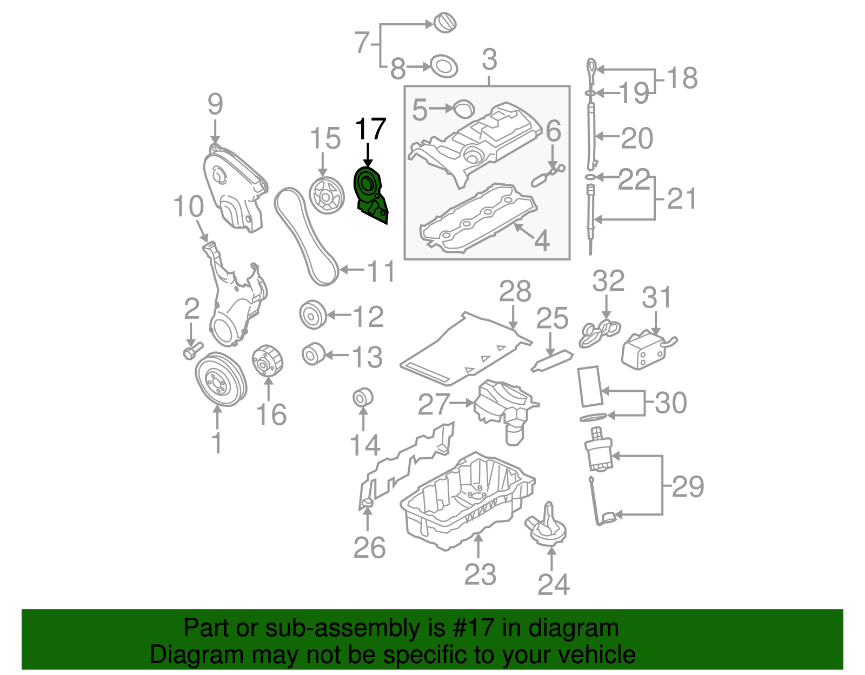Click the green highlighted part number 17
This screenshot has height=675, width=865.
pyautogui.click(x=370, y=196)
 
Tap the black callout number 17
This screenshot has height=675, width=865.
pyautogui.click(x=370, y=130)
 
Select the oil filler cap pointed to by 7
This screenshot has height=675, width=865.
pyautogui.click(x=445, y=23)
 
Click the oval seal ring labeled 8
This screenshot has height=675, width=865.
pyautogui.click(x=444, y=68)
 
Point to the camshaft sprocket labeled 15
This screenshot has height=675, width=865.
pyautogui.click(x=327, y=196)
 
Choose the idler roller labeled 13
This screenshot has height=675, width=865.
pyautogui.click(x=312, y=354)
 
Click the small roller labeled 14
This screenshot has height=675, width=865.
pyautogui.click(x=363, y=397)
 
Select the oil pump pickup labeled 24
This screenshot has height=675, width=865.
pyautogui.click(x=546, y=527)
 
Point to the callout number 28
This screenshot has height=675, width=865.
pyautogui.click(x=515, y=292)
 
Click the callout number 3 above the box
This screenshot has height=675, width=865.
pyautogui.click(x=489, y=59)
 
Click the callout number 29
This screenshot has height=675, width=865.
pyautogui.click(x=688, y=486)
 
